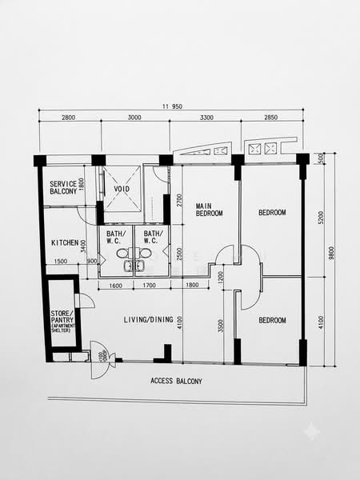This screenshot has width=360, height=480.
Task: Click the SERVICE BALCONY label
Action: coord(63,188)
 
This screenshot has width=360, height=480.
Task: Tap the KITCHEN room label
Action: coord(65,242)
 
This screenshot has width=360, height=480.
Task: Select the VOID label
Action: coord(122,189)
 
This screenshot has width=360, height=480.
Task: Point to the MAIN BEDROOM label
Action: coord(209,210)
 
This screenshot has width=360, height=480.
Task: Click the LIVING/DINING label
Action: coord(149,319)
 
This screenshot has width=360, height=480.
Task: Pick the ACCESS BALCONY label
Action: coord(176,381)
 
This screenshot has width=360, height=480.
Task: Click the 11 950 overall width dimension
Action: coord(172,106)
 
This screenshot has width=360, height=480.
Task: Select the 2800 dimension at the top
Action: coord(68,118)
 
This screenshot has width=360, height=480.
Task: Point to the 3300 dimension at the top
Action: coord(206,118)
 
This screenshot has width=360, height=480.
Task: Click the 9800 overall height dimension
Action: coord(331,253)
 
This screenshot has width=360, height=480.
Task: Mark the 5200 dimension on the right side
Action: coord(321,218)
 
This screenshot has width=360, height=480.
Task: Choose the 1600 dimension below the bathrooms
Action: coord(115,286)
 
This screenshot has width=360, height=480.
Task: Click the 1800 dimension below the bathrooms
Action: coord(192,285)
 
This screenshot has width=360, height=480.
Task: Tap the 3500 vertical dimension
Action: coord(221,326)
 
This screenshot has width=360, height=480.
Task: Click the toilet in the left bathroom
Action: coord(123,253)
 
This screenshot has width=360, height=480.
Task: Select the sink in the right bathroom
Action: coord(140,266)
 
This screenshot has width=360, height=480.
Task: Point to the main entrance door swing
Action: coord(99,360)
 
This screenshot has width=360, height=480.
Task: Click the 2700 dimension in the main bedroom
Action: coord(179,200)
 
